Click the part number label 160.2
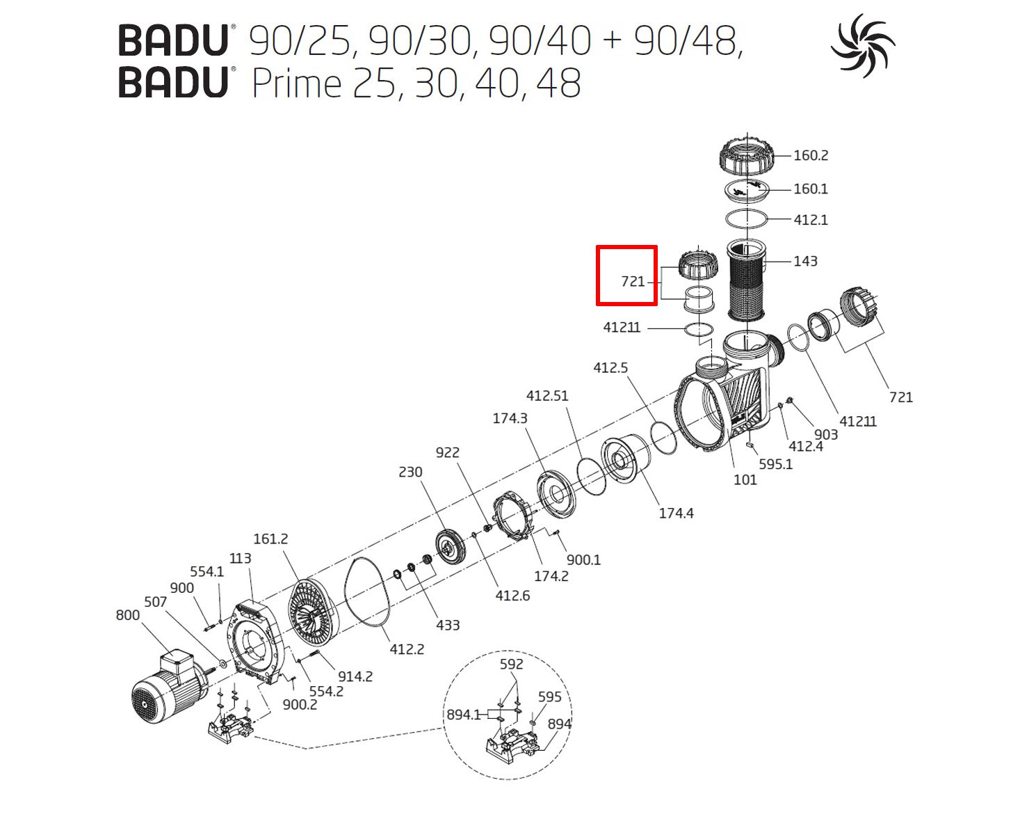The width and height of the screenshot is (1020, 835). [811, 155]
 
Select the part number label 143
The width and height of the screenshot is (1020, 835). [805, 261]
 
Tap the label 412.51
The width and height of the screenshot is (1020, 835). [547, 395]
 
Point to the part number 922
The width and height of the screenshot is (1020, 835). [447, 452]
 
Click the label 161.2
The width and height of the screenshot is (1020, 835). [270, 539]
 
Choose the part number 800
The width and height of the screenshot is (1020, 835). [127, 615]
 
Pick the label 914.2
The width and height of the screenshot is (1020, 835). [355, 676]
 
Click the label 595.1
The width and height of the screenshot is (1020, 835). [775, 464]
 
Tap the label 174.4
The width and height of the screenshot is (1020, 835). [676, 513]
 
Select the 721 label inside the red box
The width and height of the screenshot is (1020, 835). [633, 281]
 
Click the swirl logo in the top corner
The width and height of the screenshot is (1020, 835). [863, 45]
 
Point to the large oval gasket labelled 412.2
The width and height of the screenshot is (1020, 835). [368, 591]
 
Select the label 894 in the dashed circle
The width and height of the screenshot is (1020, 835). [559, 724]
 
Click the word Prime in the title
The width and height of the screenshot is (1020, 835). [296, 83]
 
